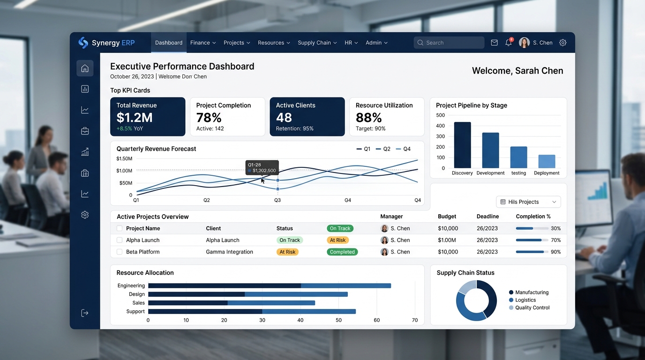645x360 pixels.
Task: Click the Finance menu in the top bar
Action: [x=202, y=43]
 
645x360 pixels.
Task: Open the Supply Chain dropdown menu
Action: [x=317, y=43]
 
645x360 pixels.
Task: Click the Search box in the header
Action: [x=449, y=43]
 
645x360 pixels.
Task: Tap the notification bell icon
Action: [x=509, y=42]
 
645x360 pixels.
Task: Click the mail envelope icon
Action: [x=494, y=43]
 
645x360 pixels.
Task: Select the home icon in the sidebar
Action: [x=85, y=68]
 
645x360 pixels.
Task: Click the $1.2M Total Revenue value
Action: [x=135, y=118]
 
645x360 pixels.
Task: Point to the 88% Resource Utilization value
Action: [x=368, y=118]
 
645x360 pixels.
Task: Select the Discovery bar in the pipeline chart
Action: [x=463, y=145]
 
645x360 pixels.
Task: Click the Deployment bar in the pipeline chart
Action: [x=547, y=161]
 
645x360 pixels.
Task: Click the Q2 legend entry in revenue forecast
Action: [x=383, y=149]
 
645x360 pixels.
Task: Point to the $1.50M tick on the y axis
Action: [x=124, y=159]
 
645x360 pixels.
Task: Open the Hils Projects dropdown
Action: [x=528, y=202]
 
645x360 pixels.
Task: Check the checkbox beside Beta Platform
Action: [x=120, y=252]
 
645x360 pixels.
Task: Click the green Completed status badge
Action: [x=342, y=252]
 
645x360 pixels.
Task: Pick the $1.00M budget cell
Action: [x=447, y=240]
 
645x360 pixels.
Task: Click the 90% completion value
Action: [x=556, y=252]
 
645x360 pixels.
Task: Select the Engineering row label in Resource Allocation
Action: [x=131, y=285]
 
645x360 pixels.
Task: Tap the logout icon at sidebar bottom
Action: [x=85, y=313]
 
